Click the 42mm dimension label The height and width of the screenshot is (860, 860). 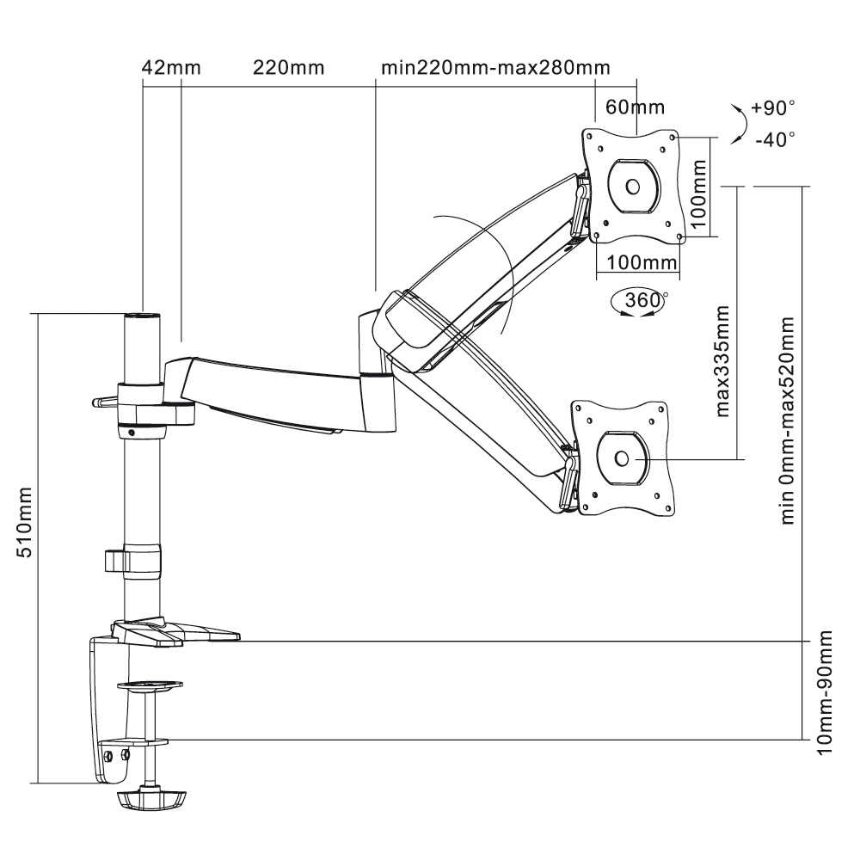coord(171,68)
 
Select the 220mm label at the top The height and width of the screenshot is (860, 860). coord(288,68)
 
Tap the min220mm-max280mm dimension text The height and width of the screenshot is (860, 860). coord(495,68)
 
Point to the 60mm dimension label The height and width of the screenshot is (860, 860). coord(635,107)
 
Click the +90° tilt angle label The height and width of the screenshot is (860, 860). coord(773,108)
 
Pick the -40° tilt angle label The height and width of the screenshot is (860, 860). coord(775,140)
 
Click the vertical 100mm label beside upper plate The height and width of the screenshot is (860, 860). coord(697,194)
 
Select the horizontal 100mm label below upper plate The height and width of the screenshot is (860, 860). coord(642,262)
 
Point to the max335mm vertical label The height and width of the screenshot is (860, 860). coord(722,361)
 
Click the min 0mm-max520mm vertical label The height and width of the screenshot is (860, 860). coord(787,421)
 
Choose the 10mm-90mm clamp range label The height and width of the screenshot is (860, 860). coord(825,692)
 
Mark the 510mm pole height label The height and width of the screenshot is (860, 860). coord(25,522)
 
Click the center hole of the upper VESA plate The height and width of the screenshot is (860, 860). coord(632,187)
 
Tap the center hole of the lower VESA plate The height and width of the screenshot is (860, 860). coord(622,458)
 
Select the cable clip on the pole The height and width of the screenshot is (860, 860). coord(133,561)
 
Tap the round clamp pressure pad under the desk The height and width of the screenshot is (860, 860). coord(149,685)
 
